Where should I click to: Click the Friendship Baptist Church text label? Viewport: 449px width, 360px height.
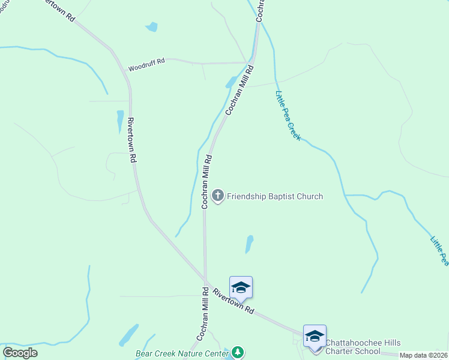275,196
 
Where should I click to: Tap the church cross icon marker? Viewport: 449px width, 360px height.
218,196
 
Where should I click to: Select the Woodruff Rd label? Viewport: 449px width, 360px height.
146,65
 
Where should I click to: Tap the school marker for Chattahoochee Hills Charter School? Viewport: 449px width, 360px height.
315,337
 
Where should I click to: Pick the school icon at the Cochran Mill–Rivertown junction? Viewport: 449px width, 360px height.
241,287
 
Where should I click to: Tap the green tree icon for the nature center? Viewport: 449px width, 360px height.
238,352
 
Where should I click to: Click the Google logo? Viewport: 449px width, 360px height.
20,353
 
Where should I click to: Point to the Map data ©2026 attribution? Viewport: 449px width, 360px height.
423,355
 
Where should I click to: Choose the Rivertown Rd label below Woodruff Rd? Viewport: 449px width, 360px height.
131,140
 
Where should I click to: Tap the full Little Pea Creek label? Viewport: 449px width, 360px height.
288,116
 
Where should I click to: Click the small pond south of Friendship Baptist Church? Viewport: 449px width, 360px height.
249,244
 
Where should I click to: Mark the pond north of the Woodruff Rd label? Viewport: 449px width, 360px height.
151,26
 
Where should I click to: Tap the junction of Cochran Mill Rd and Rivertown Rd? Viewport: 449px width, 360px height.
206,281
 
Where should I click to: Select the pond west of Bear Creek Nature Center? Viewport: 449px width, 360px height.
128,335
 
